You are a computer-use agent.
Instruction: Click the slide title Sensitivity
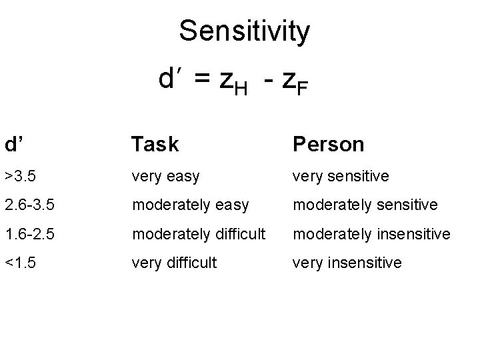click(245, 31)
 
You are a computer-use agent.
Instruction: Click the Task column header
click(155, 144)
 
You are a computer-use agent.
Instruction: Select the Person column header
click(328, 144)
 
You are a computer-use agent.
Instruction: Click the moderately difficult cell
click(198, 234)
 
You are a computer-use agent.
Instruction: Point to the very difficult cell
click(174, 263)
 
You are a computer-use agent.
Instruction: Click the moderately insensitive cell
click(372, 234)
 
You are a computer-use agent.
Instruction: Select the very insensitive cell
click(347, 263)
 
